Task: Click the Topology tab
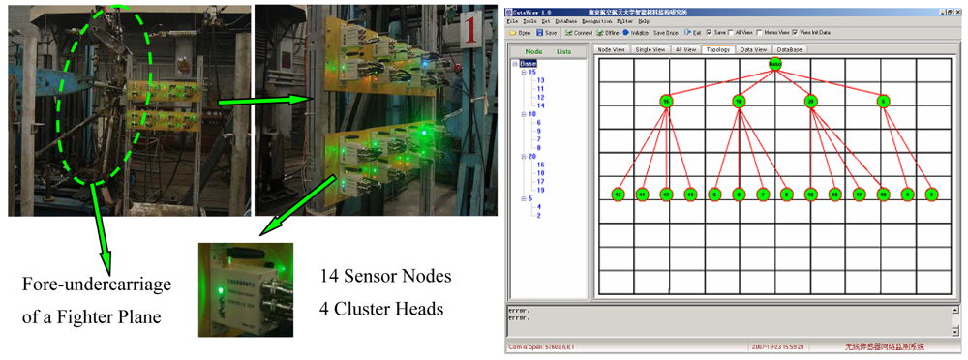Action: pos(717,48)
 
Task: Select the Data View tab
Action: pos(752,48)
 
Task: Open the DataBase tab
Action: pos(790,48)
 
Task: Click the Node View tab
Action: pos(612,48)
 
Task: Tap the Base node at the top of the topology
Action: pos(775,65)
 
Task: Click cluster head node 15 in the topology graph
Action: pos(666,101)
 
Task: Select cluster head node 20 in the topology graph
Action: pos(811,101)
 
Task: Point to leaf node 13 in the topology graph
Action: pos(618,195)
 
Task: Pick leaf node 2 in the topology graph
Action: pos(931,195)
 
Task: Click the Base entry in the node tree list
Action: pos(528,64)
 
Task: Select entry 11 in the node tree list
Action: pos(539,89)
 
